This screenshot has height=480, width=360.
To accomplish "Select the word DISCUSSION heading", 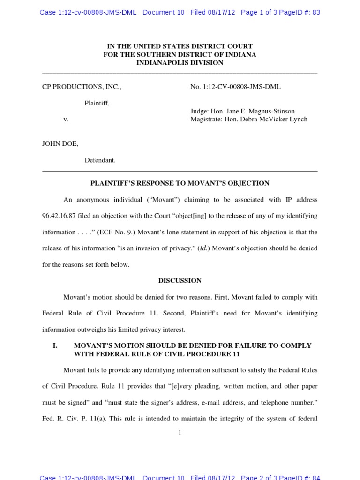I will pos(180,281).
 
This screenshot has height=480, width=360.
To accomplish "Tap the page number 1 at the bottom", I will pos(180,433).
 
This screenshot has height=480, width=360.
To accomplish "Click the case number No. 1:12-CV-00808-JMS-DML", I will pos(235,87).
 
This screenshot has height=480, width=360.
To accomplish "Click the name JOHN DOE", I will pos(60,144).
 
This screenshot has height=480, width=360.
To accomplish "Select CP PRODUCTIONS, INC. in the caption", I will pos(82,87).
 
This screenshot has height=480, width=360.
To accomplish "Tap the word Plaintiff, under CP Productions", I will pos(97,103).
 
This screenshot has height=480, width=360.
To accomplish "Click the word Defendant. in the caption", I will pos(100,160).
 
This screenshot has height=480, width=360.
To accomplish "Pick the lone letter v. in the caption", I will pos(66,120).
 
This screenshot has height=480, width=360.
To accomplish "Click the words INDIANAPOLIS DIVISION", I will pos(180,63).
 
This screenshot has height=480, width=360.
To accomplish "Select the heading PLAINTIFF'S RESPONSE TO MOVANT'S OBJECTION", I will pos(180,183).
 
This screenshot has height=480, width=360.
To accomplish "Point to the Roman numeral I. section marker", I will pos(55,345).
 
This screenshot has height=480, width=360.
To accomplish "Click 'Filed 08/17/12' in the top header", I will pos(213,12).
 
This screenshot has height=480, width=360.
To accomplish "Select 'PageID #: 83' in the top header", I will pos(300,12).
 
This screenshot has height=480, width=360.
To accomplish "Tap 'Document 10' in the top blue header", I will pos(163,12).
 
